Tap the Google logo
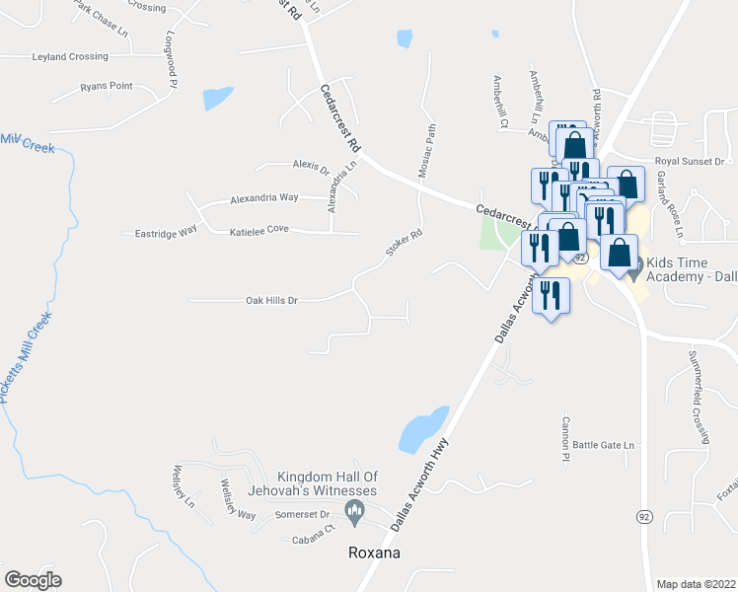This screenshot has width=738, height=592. pyautogui.click(x=33, y=580)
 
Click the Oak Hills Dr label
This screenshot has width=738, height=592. pyautogui.click(x=271, y=300)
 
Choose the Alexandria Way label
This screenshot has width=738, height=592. pyautogui.click(x=263, y=197)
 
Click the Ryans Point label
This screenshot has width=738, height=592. pyautogui.click(x=107, y=87)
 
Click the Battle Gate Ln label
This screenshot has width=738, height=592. pyautogui.click(x=603, y=446)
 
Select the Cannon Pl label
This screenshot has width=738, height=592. pyautogui.click(x=566, y=437)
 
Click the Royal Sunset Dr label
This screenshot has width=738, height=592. pyautogui.click(x=690, y=161)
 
